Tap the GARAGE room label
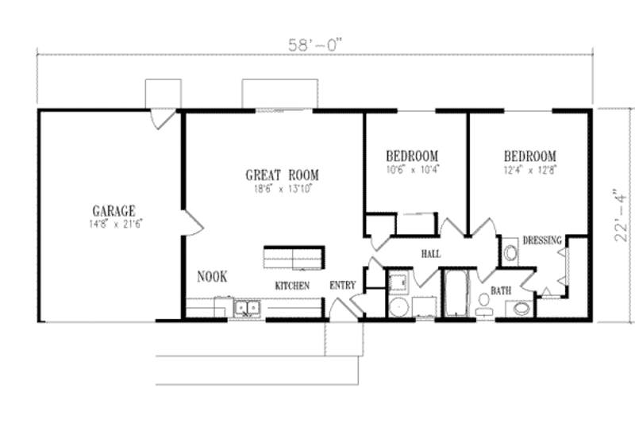pos(114,211)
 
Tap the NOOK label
pos(212,277)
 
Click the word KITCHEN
pos(291,285)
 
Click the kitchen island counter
pos(294,257)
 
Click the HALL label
pos(430,254)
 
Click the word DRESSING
pos(542,240)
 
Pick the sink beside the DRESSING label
pos(510,253)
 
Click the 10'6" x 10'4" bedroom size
pos(412,169)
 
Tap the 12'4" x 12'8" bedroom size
pos(529,169)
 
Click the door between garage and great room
pos(192,223)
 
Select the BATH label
pos(499,291)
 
